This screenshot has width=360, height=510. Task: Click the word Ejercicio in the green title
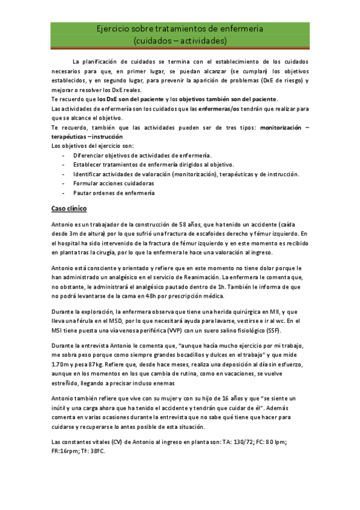(114, 29)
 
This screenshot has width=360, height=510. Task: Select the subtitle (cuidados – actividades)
(180, 40)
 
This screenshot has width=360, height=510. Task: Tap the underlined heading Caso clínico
(69, 208)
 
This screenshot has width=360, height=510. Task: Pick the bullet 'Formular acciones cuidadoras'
(113, 183)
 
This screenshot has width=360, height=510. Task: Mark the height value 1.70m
(61, 365)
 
